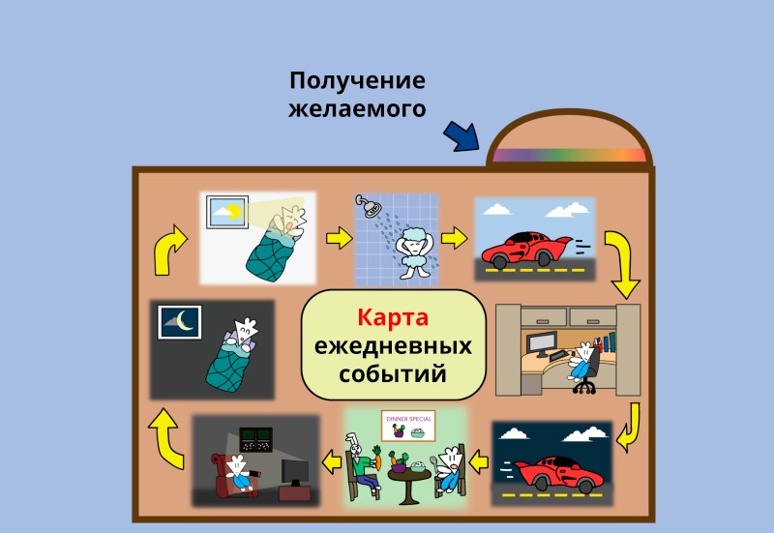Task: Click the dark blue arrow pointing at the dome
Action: (462, 136)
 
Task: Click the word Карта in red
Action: (393, 317)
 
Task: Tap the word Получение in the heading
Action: (357, 80)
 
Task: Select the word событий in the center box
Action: (393, 373)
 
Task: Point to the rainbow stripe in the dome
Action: (570, 155)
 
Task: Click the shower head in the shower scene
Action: (370, 206)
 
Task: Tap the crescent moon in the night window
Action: (184, 320)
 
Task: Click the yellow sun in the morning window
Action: (233, 211)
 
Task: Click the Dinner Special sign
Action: (408, 426)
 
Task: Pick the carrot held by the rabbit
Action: (377, 457)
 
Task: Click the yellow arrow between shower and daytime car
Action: (454, 238)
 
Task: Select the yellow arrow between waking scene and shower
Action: (340, 238)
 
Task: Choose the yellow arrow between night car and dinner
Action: (478, 463)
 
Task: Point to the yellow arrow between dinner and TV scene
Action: (332, 463)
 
